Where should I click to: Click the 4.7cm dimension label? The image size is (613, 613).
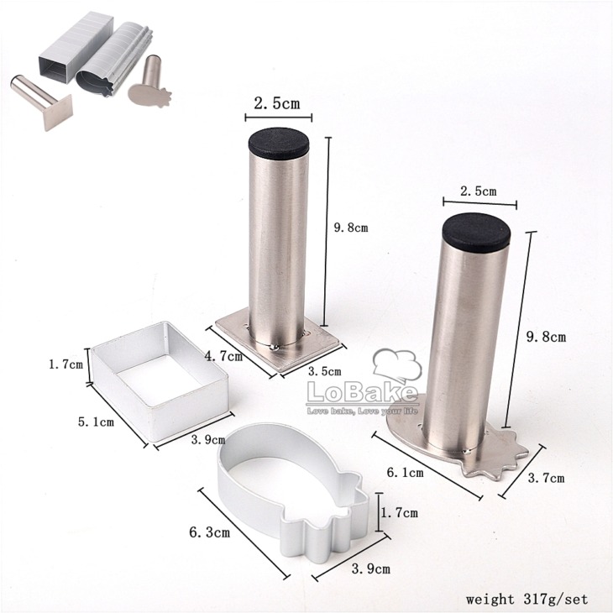(223, 356)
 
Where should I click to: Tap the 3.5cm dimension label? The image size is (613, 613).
(324, 371)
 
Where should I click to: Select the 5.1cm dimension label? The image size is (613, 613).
(96, 422)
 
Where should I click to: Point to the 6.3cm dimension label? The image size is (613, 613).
(210, 532)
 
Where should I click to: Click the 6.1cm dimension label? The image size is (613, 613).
(405, 473)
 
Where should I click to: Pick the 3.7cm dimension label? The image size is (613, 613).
(546, 478)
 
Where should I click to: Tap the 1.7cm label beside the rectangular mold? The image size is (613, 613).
(65, 364)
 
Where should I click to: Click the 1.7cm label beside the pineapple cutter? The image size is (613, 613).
(399, 512)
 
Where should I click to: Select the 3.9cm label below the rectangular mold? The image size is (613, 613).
(208, 440)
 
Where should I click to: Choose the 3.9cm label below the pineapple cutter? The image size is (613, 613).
(370, 568)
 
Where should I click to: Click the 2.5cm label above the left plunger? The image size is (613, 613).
(277, 103)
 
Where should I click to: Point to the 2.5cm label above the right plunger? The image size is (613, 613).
(478, 191)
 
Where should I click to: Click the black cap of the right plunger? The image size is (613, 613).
(476, 231)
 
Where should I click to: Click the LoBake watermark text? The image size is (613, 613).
(362, 392)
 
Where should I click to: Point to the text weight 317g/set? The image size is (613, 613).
(527, 599)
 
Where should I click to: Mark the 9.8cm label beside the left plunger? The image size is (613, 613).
(351, 228)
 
